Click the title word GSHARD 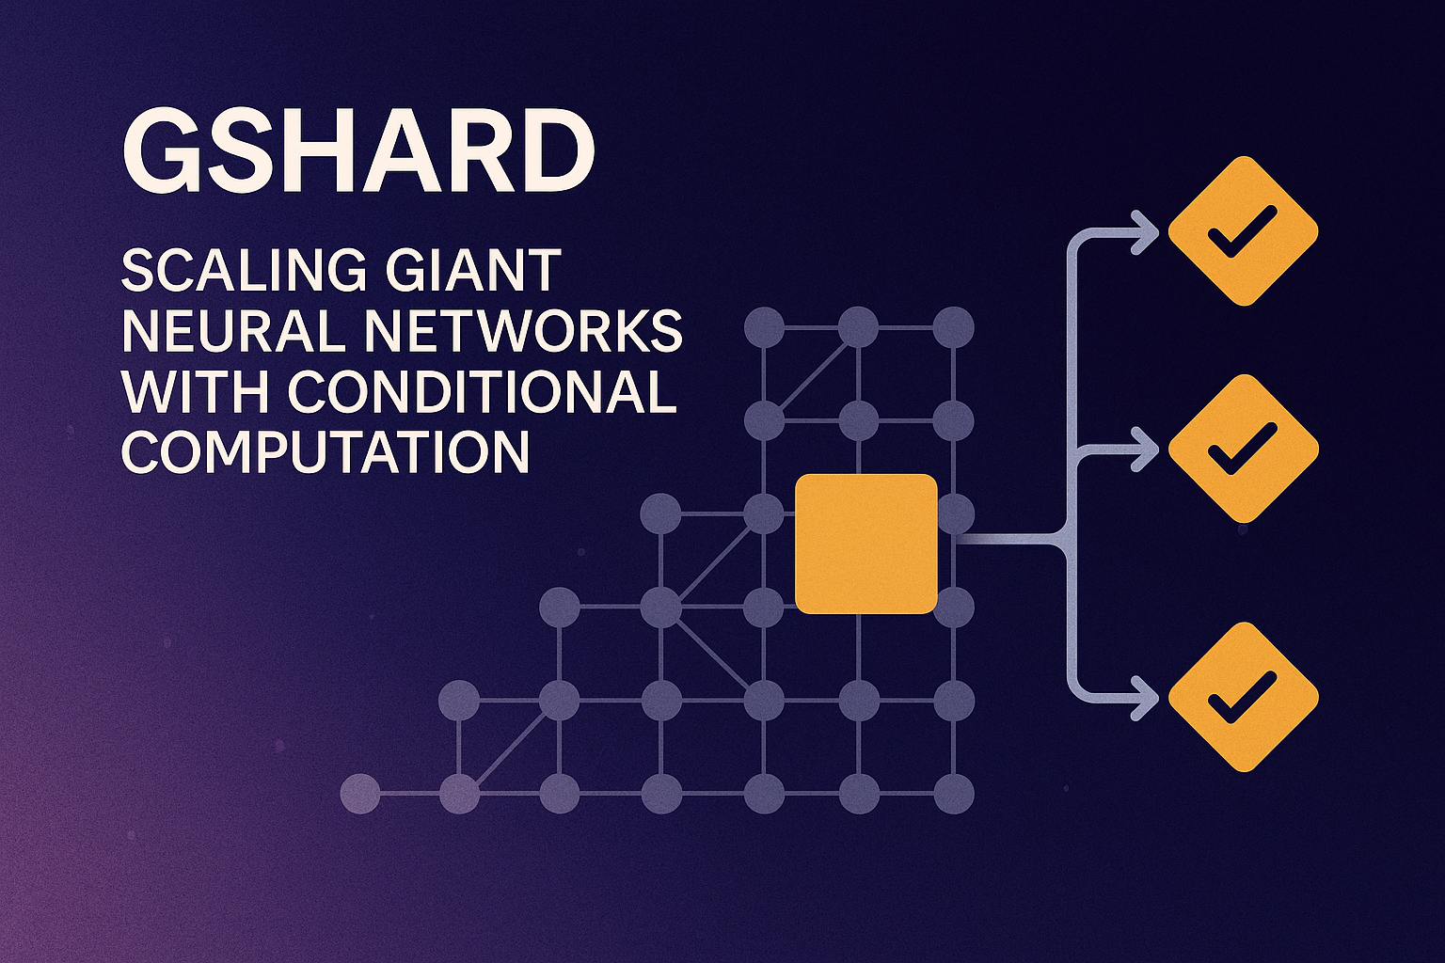(358, 152)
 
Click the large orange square (866, 544)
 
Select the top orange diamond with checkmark (1243, 231)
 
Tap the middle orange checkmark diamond (1243, 449)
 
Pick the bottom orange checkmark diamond (1243, 697)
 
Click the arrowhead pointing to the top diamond (1147, 232)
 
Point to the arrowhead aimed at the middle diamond (1147, 449)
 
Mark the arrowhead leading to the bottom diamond (1147, 699)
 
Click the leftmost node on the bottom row (360, 794)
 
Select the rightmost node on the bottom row (953, 794)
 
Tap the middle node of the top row (858, 327)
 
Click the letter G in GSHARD (159, 152)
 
